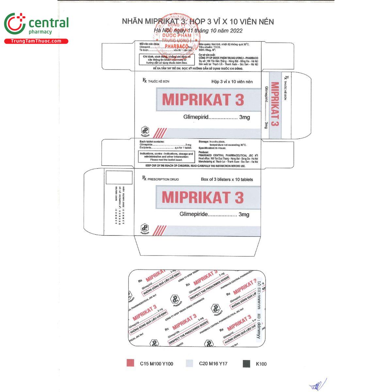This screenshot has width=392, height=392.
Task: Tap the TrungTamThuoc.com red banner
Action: point(36,41)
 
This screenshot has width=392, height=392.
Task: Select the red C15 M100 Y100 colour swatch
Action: point(130,363)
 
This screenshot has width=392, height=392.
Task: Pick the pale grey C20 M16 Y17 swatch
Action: point(190,363)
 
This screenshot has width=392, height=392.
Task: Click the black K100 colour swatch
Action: point(247,363)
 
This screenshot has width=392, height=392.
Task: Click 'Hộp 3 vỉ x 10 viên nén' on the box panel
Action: point(232,82)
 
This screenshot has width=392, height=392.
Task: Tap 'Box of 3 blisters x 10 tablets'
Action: point(227,179)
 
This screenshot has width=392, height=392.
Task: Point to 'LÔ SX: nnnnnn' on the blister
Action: point(259,294)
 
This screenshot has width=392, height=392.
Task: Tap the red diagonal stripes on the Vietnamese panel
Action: point(160,133)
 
